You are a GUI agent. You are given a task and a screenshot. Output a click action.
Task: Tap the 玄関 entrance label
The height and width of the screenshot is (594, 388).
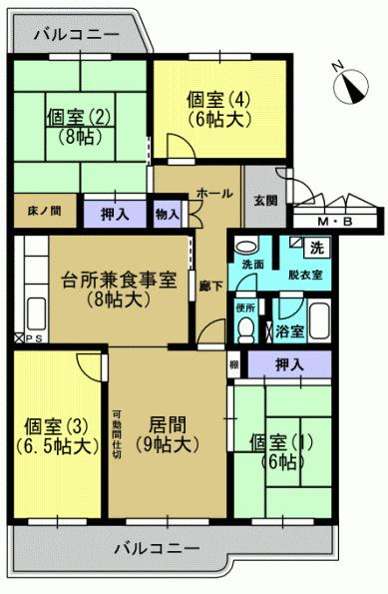coord(264,197)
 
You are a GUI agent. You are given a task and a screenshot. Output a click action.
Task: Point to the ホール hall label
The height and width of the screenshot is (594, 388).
coord(214,193)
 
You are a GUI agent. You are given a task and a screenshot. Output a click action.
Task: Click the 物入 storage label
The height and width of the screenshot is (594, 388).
coord(167,212)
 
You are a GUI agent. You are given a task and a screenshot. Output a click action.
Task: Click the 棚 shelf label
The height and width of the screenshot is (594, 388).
coord(233,365)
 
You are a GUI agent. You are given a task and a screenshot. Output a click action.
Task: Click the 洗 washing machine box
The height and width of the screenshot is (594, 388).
coord(316,248)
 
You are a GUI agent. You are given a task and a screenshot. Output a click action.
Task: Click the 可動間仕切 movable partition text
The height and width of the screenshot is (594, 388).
coord(117,435)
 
